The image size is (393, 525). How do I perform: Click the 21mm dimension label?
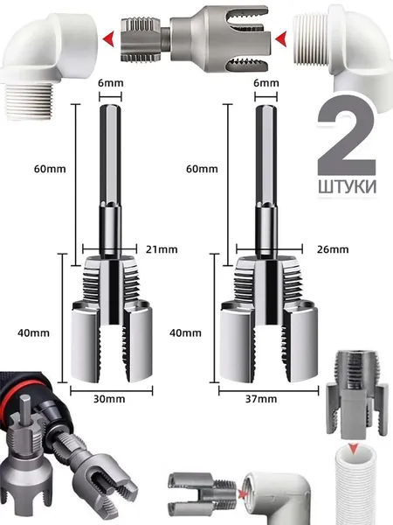click(162, 249)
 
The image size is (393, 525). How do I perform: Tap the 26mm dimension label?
click(333, 249)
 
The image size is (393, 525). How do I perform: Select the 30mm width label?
click(109, 399)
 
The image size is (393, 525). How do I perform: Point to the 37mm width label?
click(261, 399)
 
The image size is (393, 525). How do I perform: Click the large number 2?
click(347, 136)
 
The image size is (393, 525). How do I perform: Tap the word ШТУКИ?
click(348, 187)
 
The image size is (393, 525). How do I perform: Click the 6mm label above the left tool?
click(111, 83)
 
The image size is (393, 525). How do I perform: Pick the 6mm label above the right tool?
click(266, 83)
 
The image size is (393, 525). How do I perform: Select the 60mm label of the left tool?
click(50, 169)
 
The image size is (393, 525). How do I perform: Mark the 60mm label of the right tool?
click(202, 169)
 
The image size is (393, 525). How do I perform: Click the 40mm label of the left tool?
click(33, 332)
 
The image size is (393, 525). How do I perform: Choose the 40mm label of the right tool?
click(185, 332)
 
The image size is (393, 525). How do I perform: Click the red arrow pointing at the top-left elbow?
click(108, 38)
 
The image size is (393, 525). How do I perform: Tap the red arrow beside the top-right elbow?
click(281, 38)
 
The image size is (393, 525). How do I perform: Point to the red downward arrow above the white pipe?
click(353, 448)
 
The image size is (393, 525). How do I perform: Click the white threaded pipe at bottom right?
click(355, 486)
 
